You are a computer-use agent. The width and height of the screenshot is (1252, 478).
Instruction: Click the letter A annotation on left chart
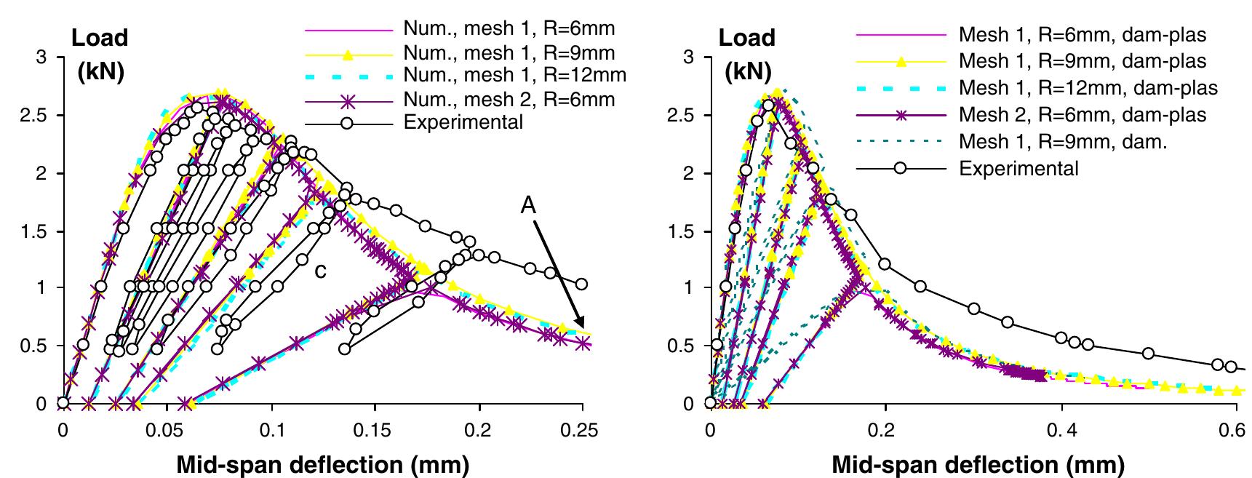coord(528,207)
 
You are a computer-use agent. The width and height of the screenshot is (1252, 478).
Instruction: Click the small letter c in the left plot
coord(319,271)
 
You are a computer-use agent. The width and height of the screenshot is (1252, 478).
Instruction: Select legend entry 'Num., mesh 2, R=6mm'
coord(509,99)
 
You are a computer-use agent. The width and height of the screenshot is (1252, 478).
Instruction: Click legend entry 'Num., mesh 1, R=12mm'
coord(514,75)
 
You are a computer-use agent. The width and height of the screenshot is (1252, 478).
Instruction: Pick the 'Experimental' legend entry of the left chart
coord(463,122)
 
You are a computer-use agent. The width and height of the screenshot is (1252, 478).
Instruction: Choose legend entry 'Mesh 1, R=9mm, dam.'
coord(1063,141)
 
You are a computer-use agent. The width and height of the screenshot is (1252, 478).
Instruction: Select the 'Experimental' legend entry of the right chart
coord(1018,168)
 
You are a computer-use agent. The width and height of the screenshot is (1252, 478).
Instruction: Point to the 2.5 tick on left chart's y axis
coord(34,116)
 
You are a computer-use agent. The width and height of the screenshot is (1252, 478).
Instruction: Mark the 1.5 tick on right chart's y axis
coord(682,232)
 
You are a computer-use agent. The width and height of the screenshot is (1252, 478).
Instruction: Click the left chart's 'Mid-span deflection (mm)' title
coord(322,463)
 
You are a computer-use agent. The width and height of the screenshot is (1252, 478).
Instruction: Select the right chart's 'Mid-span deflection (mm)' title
coord(978,463)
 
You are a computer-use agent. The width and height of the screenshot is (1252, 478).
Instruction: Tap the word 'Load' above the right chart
coord(747,38)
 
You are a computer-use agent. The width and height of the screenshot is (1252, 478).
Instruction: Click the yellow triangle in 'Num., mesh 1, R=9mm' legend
coord(347,53)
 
